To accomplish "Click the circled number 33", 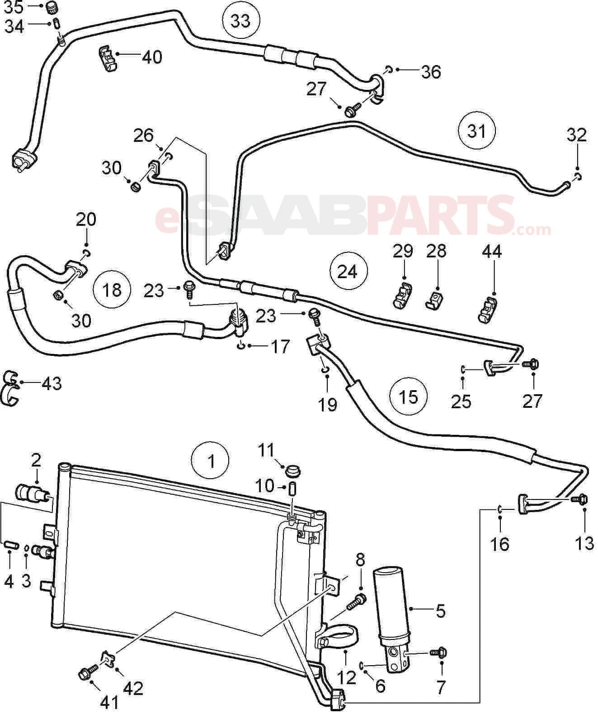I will tap(240, 20).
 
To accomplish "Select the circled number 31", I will tap(476, 131).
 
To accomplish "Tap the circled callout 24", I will tap(348, 271).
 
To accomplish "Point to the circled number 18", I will tap(112, 289).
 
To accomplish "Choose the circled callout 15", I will tap(408, 396).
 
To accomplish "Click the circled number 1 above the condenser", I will tap(211, 461).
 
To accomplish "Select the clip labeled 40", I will tap(107, 58).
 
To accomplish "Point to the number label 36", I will tap(431, 72).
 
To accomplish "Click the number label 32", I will tap(577, 135).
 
